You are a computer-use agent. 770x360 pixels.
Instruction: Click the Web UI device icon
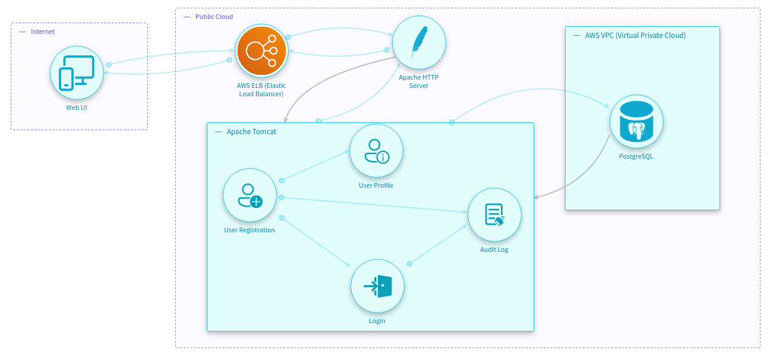click(77, 72)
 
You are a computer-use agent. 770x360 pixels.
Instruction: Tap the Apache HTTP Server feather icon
click(419, 42)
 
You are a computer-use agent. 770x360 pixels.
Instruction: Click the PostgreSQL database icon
click(636, 121)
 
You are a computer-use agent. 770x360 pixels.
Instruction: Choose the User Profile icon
click(376, 150)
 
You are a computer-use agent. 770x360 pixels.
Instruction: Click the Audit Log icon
click(494, 214)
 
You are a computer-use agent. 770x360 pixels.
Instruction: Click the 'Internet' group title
click(43, 31)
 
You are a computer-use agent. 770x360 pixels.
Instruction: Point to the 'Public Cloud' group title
click(214, 17)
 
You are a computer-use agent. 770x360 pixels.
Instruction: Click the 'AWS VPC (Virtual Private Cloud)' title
click(635, 36)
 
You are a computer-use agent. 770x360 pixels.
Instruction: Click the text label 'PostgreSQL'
click(636, 157)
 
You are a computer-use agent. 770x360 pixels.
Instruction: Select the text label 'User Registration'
click(250, 230)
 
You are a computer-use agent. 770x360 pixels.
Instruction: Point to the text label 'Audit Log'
click(494, 250)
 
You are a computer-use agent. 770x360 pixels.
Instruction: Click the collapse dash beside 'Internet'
click(23, 31)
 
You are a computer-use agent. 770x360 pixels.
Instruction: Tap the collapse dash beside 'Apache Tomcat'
click(218, 132)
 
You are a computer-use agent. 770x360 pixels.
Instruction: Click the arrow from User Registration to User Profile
click(315, 165)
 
